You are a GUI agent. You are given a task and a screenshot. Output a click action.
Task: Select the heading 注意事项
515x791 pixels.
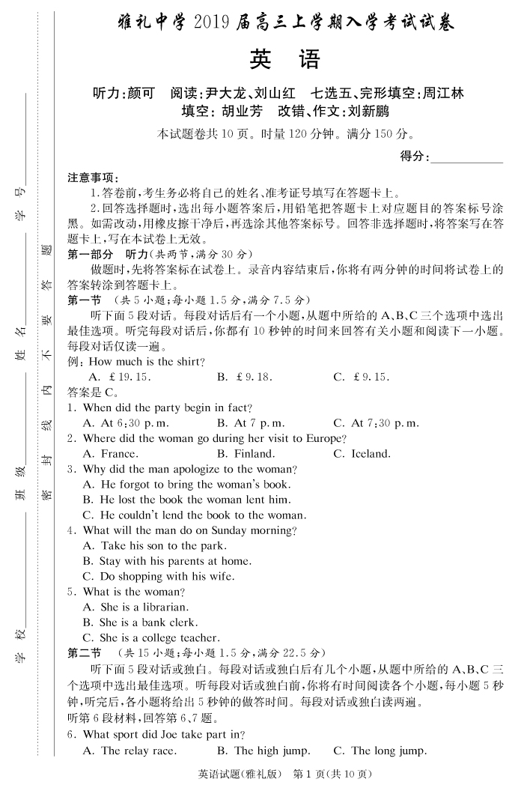pyautogui.click(x=93, y=178)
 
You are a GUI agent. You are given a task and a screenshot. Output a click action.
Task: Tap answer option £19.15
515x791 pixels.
pyautogui.click(x=120, y=377)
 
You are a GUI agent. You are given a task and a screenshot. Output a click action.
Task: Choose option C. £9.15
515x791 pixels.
pyautogui.click(x=362, y=377)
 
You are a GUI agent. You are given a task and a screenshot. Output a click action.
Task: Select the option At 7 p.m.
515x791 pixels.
pyautogui.click(x=250, y=423)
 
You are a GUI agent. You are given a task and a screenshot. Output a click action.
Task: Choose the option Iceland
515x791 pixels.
pyautogui.click(x=362, y=454)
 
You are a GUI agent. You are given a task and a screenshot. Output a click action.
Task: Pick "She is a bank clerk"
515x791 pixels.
pyautogui.click(x=140, y=622)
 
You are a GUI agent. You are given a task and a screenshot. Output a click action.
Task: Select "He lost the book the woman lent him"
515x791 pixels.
pyautogui.click(x=186, y=500)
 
